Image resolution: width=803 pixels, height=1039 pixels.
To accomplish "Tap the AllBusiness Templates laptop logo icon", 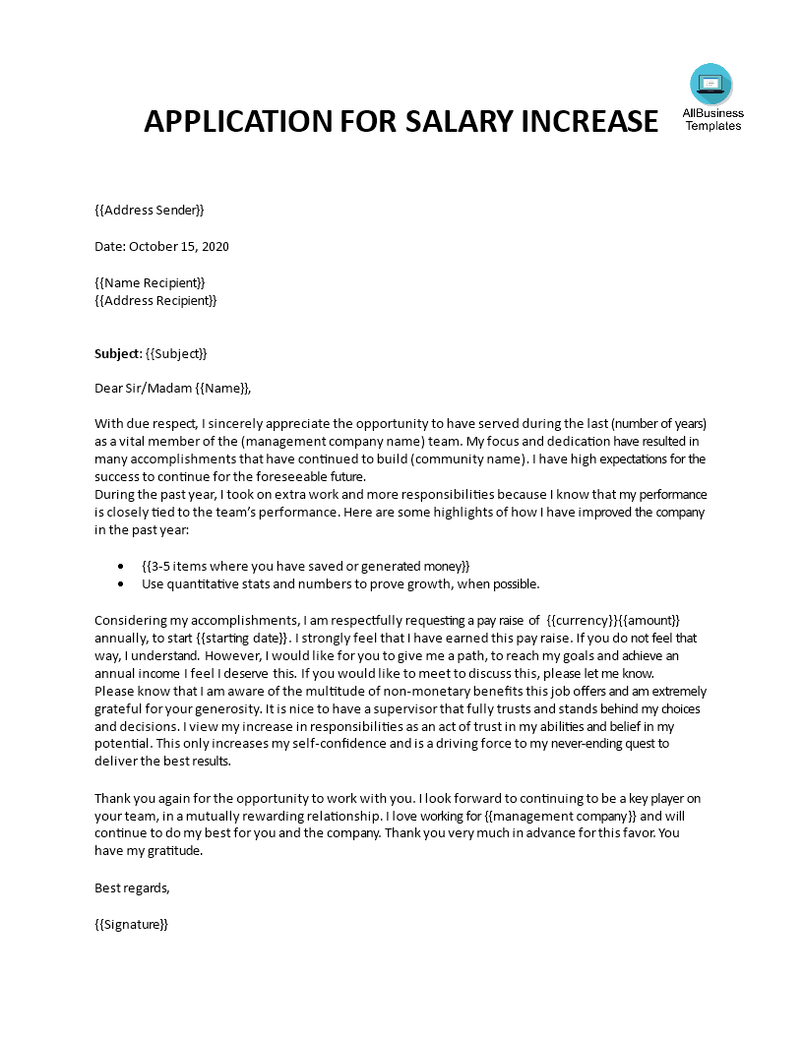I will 711,84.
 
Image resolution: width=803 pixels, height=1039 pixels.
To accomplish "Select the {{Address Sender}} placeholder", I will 150,210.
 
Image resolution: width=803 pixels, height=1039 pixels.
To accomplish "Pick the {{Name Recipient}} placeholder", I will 150,282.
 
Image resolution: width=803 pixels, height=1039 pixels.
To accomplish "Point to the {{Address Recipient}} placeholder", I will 155,300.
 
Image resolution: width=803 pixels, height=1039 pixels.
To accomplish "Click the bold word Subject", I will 117,353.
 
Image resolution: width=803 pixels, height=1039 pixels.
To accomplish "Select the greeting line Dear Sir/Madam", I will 144,389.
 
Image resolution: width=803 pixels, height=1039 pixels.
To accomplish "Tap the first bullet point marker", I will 120,566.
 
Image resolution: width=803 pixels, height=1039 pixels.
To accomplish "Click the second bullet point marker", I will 120,583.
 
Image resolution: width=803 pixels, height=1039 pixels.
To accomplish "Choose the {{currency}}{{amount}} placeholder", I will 613,620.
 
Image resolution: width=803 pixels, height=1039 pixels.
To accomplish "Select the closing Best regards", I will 132,887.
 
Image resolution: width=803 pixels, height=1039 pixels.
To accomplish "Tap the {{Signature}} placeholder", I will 132,924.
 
